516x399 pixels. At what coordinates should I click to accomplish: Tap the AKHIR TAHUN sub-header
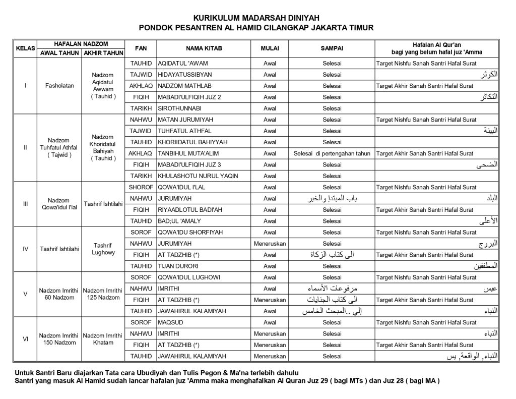(x=103, y=52)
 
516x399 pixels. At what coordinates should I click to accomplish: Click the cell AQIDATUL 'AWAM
(x=183, y=64)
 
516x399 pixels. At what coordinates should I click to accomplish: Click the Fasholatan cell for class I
(x=59, y=86)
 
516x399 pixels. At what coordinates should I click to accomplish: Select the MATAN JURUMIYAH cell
(x=182, y=120)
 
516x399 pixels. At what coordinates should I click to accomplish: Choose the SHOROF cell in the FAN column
(x=141, y=187)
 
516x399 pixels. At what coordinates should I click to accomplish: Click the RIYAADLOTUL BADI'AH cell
(x=190, y=210)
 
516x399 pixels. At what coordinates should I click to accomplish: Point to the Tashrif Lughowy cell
(x=103, y=249)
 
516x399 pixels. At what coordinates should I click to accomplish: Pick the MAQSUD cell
(x=170, y=322)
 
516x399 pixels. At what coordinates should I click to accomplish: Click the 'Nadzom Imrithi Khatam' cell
(x=103, y=338)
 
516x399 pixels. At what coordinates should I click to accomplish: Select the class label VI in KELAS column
(x=25, y=339)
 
